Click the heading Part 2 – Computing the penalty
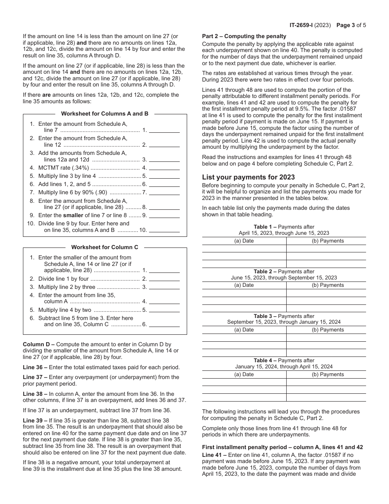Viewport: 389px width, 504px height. [x=244, y=36]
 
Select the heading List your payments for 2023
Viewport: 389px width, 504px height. [x=248, y=177]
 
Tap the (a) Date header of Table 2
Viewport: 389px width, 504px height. [x=244, y=285]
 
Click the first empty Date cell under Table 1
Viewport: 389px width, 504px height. [x=244, y=249]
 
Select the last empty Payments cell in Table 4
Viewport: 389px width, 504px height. [x=326, y=397]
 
